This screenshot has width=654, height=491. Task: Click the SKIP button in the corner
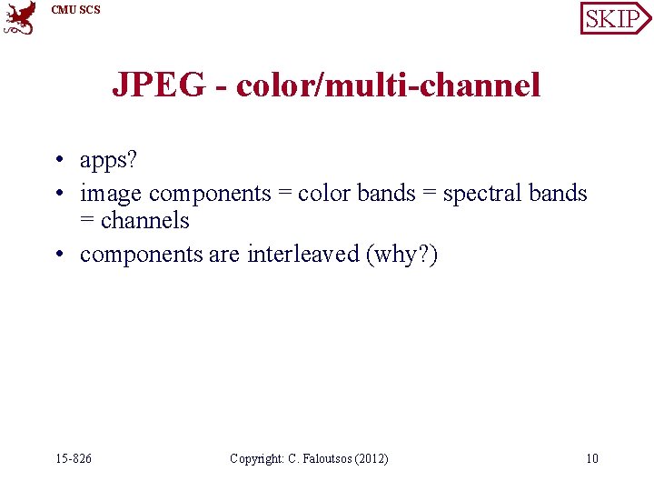[x=614, y=18]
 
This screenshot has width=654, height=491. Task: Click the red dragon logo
[x=20, y=17]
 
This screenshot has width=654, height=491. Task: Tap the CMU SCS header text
[x=76, y=10]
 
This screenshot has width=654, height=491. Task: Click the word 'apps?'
[x=109, y=160]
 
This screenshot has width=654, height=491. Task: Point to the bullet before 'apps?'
[x=56, y=161]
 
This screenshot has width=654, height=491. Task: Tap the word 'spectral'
[x=481, y=193]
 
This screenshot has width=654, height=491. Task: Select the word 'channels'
[x=145, y=220]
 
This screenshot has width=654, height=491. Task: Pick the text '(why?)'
[x=401, y=254]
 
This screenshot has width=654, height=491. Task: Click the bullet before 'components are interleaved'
[x=56, y=255]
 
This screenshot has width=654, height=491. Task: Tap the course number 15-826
[x=73, y=458]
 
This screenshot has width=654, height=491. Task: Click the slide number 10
[x=591, y=458]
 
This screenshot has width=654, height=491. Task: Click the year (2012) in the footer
[x=372, y=458]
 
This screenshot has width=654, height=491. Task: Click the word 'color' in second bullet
[x=324, y=193]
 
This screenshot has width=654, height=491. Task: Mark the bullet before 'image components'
[x=56, y=195]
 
